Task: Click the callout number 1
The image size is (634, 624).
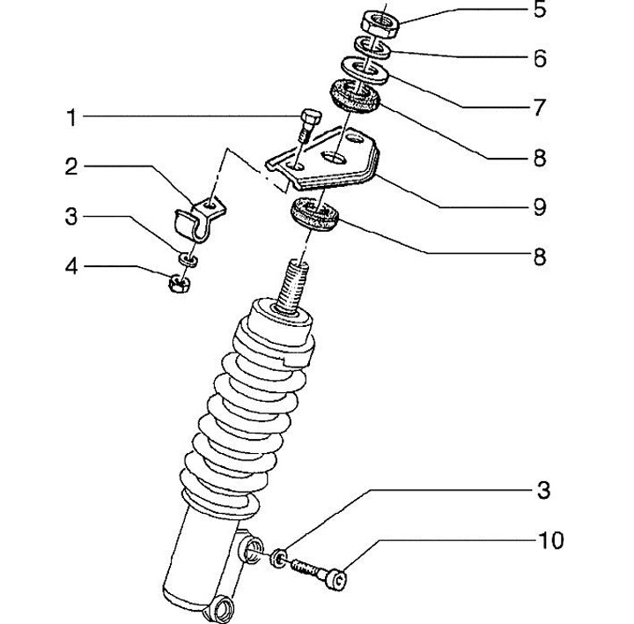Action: tap(71, 118)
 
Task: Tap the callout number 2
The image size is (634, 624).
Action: tap(71, 167)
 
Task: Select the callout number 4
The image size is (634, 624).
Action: tap(71, 267)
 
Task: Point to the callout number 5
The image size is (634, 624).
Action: tap(540, 9)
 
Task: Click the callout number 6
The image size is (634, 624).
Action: tap(540, 58)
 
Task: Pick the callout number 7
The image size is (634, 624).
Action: tap(540, 108)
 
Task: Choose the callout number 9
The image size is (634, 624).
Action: tap(540, 207)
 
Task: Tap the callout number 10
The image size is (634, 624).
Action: tap(550, 540)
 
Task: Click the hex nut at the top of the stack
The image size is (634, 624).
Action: tap(380, 25)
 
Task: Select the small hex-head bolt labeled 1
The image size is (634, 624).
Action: tap(309, 124)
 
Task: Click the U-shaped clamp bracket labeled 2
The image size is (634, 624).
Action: tap(200, 219)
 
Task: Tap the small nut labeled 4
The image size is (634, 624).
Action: tap(179, 283)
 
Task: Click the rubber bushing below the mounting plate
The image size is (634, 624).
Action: tap(314, 214)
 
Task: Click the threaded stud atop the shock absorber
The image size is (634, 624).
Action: tap(292, 286)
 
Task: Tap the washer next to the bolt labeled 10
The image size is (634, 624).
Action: tap(279, 557)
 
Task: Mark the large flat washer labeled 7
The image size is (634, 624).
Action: tap(365, 70)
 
